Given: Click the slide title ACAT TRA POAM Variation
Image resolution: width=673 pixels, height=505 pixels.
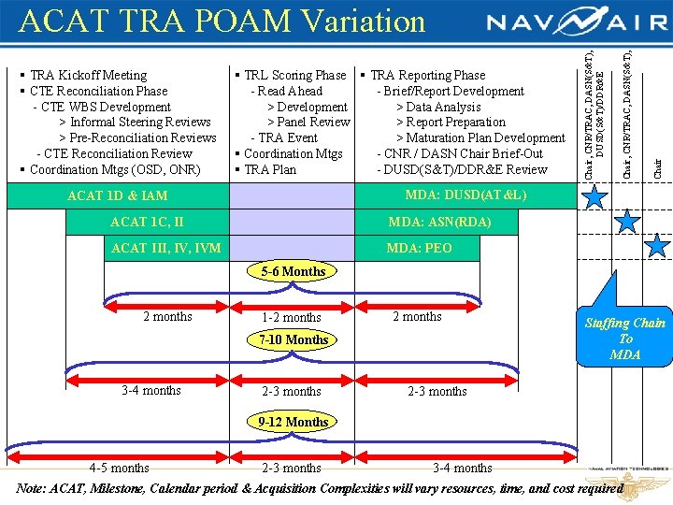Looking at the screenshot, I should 222,21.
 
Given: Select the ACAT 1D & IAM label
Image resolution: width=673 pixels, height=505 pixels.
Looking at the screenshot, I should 118,195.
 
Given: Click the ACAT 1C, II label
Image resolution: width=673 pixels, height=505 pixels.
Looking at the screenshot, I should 147,223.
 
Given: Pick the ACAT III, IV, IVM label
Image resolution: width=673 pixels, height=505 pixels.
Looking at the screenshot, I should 166,249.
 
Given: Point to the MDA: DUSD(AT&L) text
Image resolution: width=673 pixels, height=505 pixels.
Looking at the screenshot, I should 465,195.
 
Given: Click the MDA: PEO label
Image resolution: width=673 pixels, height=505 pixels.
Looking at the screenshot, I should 419,249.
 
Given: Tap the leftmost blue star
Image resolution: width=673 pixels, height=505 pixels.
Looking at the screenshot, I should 594,196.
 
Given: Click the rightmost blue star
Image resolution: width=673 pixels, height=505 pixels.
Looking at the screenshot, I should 658,245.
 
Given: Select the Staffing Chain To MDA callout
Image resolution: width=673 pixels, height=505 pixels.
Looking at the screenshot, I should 624,338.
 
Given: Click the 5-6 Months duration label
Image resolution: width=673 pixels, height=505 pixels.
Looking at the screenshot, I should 294,272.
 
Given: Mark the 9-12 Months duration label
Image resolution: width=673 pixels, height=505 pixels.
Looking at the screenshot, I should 294,422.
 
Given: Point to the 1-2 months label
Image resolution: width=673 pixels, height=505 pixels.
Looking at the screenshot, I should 291,317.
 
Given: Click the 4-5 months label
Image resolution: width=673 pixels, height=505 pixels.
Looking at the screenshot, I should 119,468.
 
